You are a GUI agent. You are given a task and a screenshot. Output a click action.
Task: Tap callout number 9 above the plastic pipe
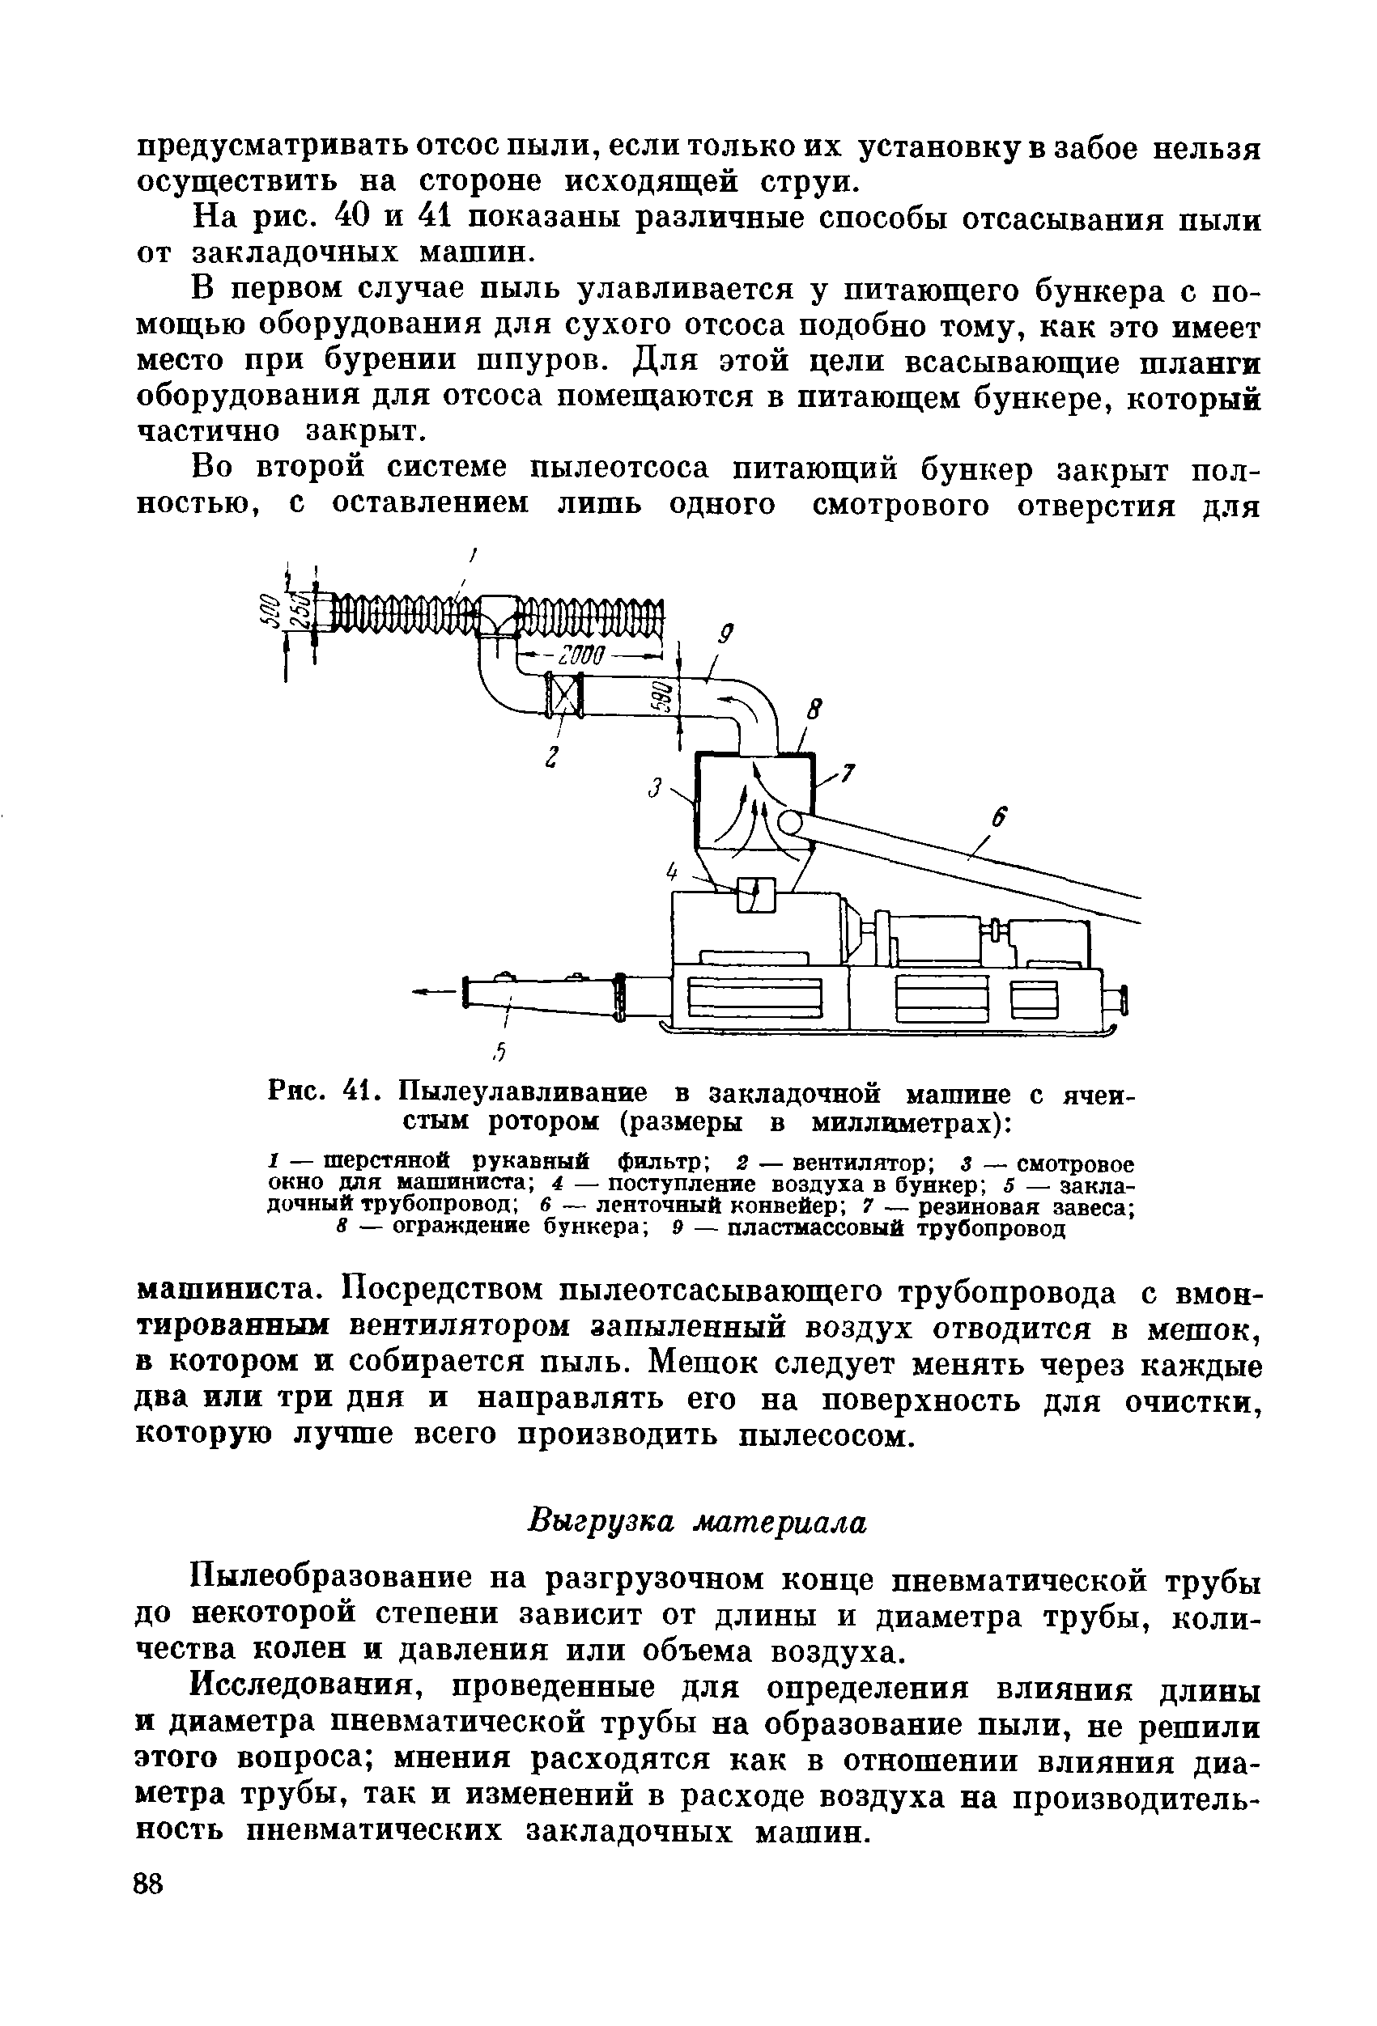[725, 635]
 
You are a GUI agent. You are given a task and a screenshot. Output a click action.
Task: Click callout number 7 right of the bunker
[848, 773]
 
